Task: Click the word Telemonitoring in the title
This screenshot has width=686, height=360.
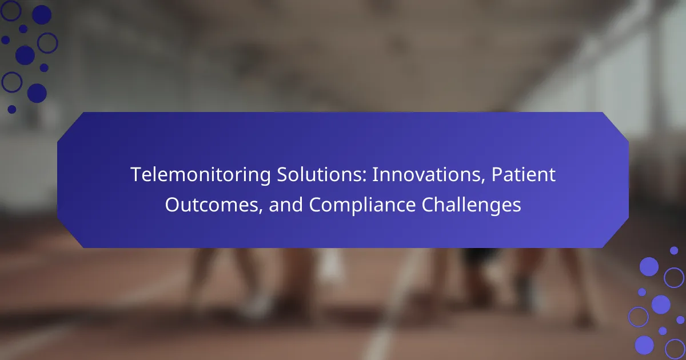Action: [201, 175]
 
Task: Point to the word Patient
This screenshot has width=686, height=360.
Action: [524, 174]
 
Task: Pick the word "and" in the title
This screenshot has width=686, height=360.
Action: [286, 205]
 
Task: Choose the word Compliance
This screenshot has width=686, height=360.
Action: [362, 205]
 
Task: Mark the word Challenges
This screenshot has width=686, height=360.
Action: [471, 205]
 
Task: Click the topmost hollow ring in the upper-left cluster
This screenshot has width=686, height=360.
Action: [11, 10]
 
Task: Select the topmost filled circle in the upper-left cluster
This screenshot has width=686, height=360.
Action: [42, 15]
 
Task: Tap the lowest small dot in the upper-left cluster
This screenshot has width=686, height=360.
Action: [12, 109]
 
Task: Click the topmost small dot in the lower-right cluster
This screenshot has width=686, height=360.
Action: [674, 251]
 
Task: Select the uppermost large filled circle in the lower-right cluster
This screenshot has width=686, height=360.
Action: [649, 267]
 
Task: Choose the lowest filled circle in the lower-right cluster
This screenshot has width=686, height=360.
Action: [644, 345]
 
